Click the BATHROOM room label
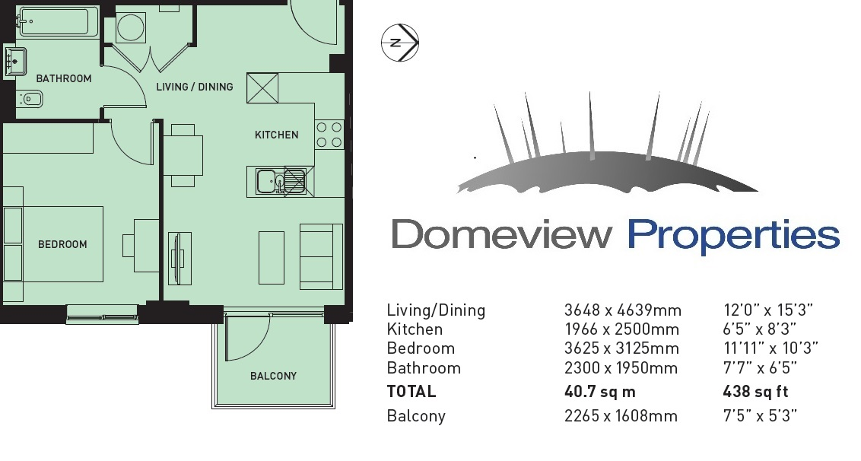coord(64,78)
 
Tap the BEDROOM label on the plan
coord(62,244)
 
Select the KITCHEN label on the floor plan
coord(277,135)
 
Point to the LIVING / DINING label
coord(195,87)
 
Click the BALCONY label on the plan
coord(274,377)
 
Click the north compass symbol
coord(400,43)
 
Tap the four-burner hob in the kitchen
coord(329,135)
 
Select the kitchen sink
coord(281,181)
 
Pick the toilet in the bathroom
coord(30,100)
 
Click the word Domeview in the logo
coord(502,234)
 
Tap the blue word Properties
coord(734,237)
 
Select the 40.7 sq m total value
coord(599,392)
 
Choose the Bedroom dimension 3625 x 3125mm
coord(621,348)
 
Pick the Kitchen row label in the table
coord(415,329)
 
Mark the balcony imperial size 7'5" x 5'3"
coord(760,416)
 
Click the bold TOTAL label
coord(411,392)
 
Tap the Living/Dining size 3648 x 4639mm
coord(623,310)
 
